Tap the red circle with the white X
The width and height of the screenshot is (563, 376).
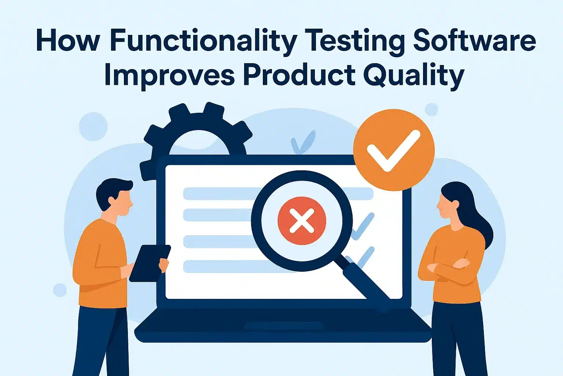[x=302, y=221]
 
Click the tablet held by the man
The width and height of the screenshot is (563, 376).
[x=149, y=263]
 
